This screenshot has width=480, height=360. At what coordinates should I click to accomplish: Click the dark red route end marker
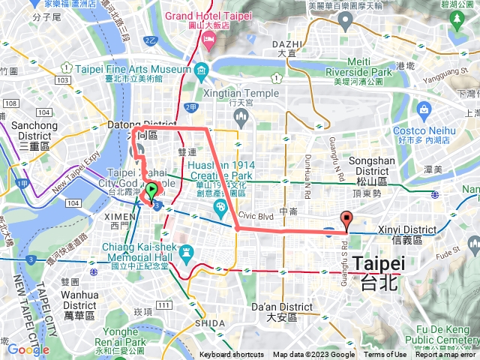(x=346, y=220)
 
